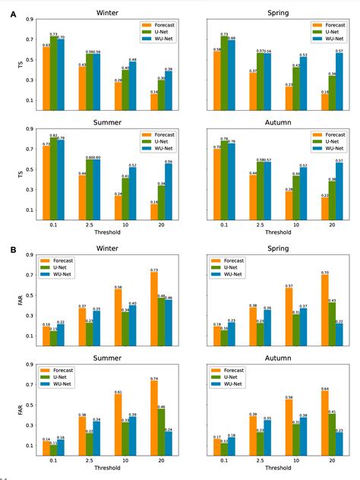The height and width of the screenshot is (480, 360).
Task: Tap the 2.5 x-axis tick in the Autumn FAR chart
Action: (262, 464)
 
